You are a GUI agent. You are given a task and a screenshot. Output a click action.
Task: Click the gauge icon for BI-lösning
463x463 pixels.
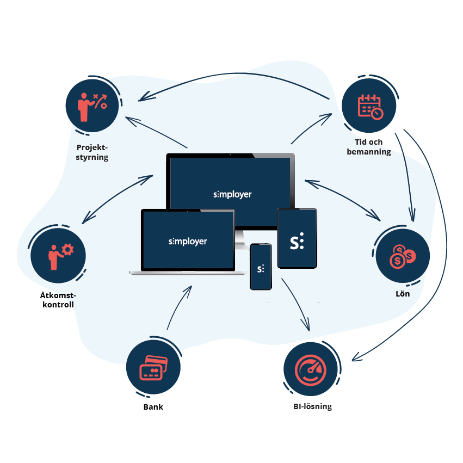click(x=311, y=369)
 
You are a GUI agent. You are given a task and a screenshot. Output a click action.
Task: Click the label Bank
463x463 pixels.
click(x=153, y=407)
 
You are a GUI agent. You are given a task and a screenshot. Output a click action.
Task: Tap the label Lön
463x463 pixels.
click(x=403, y=294)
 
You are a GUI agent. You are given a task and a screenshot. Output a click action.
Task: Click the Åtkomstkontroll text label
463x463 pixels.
click(x=57, y=300)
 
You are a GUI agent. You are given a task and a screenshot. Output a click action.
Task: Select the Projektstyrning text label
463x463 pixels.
click(x=92, y=152)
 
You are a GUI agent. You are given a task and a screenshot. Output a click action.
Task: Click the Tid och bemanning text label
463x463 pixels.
click(x=368, y=147)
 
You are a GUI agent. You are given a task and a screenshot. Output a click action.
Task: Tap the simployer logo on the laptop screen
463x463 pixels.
click(x=188, y=241)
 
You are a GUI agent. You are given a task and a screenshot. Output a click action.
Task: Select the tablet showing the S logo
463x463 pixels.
click(x=297, y=238)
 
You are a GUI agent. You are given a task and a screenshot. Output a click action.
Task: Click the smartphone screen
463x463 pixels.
click(x=261, y=267)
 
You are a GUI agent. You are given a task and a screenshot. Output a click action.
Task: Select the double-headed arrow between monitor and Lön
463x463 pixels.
click(x=343, y=199)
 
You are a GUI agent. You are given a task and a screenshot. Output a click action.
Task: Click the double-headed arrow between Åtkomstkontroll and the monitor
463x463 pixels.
click(x=117, y=199)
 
